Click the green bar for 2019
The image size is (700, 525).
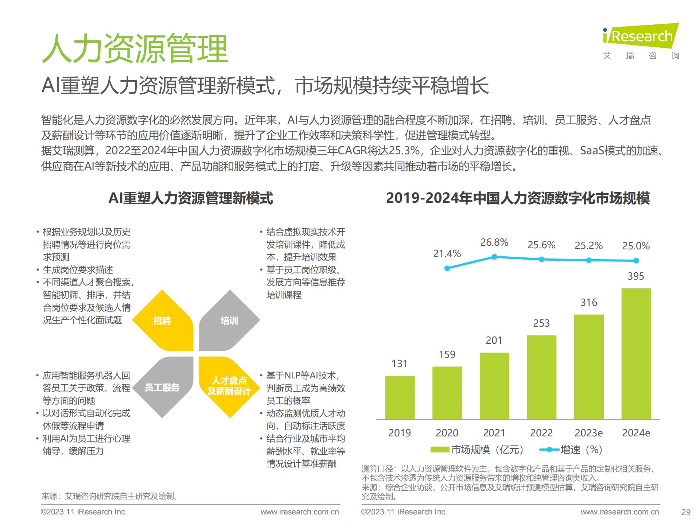tap(400, 397)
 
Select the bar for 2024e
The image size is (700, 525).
tap(636, 354)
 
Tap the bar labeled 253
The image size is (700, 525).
tap(541, 377)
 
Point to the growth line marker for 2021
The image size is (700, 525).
tap(494, 257)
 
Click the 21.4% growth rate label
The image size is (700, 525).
tap(447, 253)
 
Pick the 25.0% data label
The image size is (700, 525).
tap(636, 246)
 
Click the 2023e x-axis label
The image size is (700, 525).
tap(588, 433)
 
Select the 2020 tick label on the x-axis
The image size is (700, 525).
tap(447, 433)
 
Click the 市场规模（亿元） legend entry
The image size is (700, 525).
tap(478, 450)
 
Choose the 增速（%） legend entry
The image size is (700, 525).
tap(571, 450)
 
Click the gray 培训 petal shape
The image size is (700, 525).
tap(229, 321)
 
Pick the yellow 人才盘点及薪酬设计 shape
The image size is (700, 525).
tap(229, 386)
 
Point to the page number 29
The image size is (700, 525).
tap(686, 512)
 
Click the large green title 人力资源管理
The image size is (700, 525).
tap(135, 49)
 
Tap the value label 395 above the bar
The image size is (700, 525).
tap(636, 276)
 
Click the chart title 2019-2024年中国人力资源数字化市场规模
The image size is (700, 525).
tap(518, 198)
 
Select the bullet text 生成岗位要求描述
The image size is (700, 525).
tap(78, 270)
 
